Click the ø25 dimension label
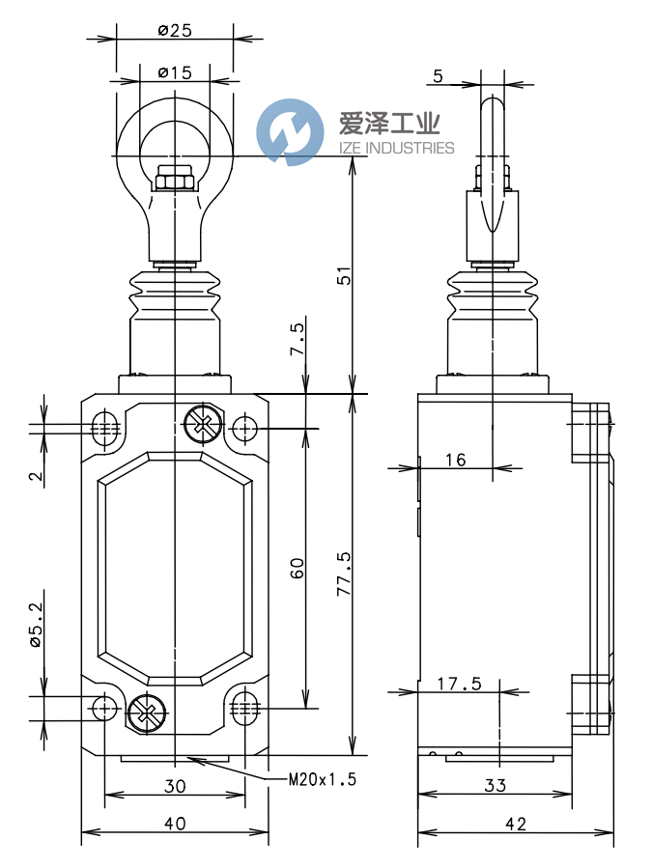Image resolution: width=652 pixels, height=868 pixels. pos(175,30)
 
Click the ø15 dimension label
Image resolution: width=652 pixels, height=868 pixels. pos(175,72)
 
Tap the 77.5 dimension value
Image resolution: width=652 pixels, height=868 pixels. pos(340,574)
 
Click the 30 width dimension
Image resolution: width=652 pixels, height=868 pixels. pos(174,786)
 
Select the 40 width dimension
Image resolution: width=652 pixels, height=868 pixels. pos(174,823)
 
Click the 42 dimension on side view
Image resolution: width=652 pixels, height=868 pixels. pos(515,823)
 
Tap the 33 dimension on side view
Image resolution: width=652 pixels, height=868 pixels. pos(495,786)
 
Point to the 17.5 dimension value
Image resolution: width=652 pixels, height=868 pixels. pos(459,684)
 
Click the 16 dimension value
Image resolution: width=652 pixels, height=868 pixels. pos(456,461)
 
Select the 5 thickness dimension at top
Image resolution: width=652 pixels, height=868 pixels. pos(438,76)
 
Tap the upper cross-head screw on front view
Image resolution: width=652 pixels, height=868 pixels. pos(200,422)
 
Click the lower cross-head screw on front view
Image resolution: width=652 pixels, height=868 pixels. pos(145,714)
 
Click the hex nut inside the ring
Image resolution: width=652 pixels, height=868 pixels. pos(175,179)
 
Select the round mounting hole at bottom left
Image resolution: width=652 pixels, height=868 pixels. pos(105,709)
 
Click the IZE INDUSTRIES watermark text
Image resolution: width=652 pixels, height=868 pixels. pos(396,148)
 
